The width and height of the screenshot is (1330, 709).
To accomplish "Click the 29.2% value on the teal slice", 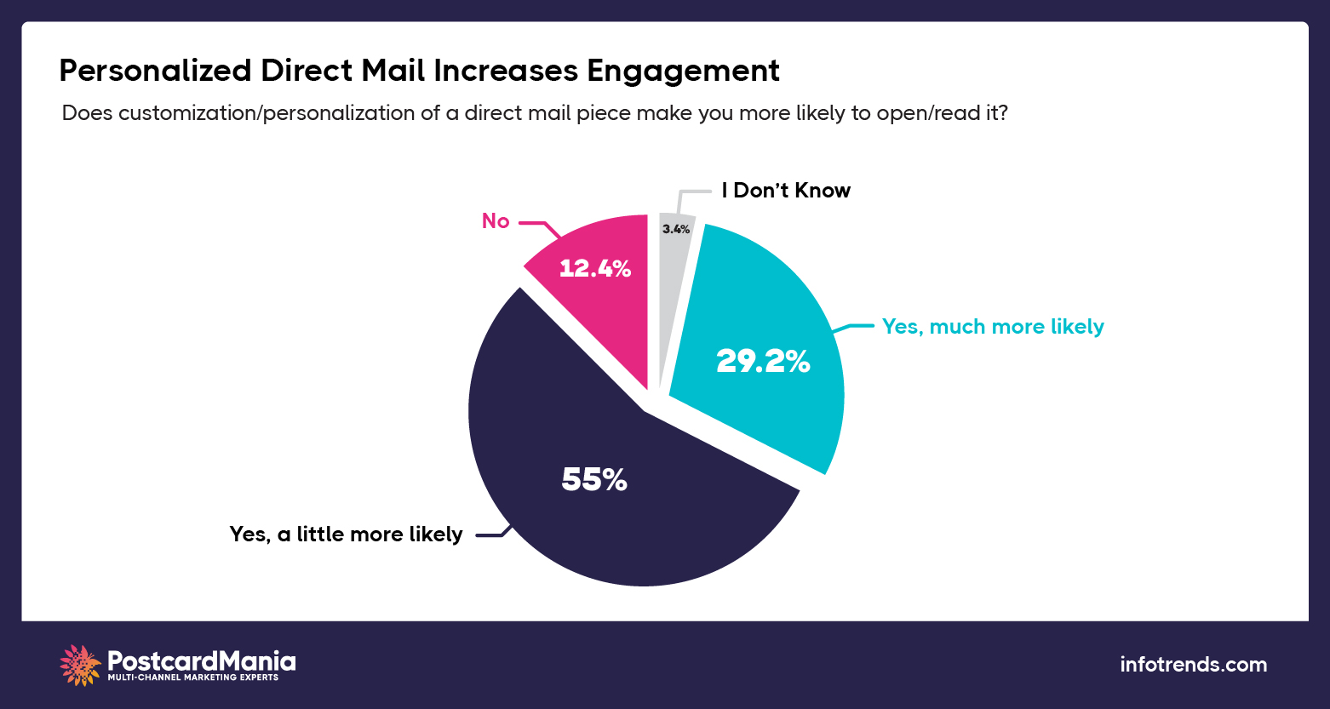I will [762, 362].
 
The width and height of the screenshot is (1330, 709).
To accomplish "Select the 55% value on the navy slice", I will [593, 481].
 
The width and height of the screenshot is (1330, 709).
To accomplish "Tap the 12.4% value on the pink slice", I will [594, 269].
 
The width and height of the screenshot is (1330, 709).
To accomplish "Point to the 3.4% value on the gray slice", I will [676, 229].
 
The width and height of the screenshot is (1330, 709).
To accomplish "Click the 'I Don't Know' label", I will [785, 191].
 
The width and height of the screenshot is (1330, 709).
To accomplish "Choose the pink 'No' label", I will [496, 221].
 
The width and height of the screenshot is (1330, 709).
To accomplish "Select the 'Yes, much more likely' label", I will [993, 327].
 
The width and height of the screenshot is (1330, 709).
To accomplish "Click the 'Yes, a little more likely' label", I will [346, 535].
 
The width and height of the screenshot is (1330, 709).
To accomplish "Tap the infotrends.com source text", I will [1193, 665].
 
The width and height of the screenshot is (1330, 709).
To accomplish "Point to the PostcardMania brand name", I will [202, 660].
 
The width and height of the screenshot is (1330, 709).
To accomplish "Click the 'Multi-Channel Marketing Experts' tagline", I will [192, 678].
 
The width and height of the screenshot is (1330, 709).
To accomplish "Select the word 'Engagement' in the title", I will [683, 71].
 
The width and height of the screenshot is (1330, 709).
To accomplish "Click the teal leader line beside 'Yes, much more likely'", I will [856, 327].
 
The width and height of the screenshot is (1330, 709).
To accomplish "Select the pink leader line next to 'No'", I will [538, 226].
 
